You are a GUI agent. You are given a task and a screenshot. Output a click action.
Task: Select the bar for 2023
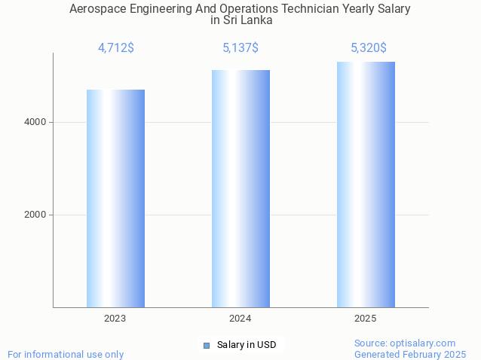pyautogui.click(x=115, y=198)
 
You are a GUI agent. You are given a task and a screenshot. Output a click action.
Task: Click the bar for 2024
pyautogui.click(x=240, y=188)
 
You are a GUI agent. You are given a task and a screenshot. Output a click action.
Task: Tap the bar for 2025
pyautogui.click(x=366, y=185)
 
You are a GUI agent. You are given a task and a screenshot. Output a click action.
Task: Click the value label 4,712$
pyautogui.click(x=116, y=48)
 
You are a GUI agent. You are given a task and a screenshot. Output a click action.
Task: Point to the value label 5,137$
pyautogui.click(x=240, y=48)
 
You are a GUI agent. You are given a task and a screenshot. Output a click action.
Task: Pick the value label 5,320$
pyautogui.click(x=369, y=48)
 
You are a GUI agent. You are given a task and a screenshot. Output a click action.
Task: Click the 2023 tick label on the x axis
pyautogui.click(x=115, y=319)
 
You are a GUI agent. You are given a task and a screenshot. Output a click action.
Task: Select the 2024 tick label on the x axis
pyautogui.click(x=240, y=319)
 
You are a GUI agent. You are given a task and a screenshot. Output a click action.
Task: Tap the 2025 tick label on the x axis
pyautogui.click(x=366, y=319)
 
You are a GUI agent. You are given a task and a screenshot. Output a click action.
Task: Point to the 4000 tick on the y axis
pyautogui.click(x=35, y=122)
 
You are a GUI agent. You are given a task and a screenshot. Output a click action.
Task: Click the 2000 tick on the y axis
pyautogui.click(x=35, y=215)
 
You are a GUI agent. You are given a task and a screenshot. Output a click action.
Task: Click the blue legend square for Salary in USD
pyautogui.click(x=206, y=345)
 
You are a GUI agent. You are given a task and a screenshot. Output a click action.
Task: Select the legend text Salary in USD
pyautogui.click(x=247, y=345)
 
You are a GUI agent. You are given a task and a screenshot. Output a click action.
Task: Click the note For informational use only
pyautogui.click(x=66, y=354)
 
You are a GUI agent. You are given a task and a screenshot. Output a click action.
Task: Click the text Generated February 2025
pyautogui.click(x=409, y=354)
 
